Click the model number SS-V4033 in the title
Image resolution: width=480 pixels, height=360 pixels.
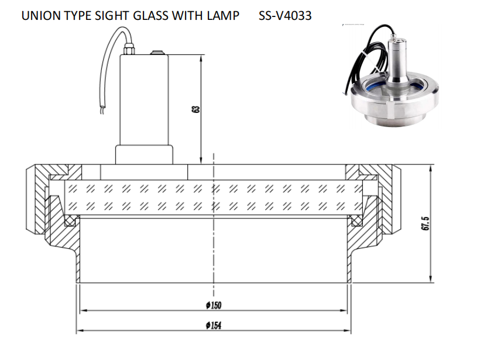point(285,16)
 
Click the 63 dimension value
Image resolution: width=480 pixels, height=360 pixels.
point(196,109)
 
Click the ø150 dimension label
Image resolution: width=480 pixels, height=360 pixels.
point(214,305)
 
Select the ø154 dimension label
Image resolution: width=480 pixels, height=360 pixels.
point(214,325)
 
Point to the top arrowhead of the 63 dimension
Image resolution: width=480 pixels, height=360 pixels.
point(201,59)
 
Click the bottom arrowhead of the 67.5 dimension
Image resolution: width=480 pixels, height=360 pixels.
point(430,278)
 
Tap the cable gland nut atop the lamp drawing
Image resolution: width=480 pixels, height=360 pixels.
point(129,50)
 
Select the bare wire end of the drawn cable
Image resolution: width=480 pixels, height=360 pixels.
point(102,110)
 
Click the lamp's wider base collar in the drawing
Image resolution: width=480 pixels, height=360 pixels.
point(144,155)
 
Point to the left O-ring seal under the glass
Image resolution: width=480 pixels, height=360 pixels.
point(70,221)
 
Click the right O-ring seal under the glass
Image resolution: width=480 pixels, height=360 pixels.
point(356,221)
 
